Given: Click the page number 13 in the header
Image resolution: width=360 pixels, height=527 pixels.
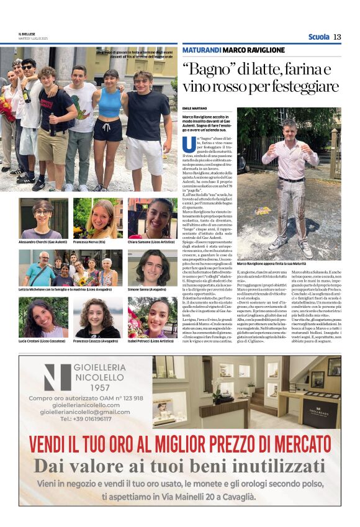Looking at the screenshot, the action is click(x=337, y=37).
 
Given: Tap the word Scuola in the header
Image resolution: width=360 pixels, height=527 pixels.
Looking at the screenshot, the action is click(x=318, y=37).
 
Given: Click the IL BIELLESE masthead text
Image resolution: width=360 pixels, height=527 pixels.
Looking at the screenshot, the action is click(x=28, y=34).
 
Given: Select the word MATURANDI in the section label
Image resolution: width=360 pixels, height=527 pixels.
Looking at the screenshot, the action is click(x=201, y=50).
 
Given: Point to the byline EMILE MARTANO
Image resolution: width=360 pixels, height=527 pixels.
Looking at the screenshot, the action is click(x=195, y=109).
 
